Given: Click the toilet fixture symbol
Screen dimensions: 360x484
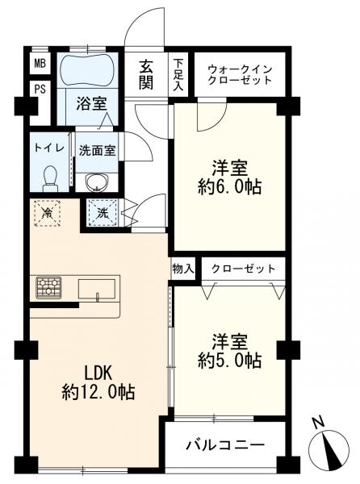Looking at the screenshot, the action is pyautogui.click(x=50, y=179).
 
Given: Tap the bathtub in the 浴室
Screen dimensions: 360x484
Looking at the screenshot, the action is pyautogui.click(x=88, y=70).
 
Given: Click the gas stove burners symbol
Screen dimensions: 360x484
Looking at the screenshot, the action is pyautogui.click(x=48, y=287).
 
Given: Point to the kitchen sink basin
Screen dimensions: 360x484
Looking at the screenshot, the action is pyautogui.click(x=97, y=289).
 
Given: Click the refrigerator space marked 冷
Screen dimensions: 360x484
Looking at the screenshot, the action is pyautogui.click(x=47, y=213).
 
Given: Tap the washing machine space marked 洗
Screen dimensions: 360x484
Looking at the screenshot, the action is pyautogui.click(x=103, y=213).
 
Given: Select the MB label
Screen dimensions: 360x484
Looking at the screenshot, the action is pyautogui.click(x=40, y=64).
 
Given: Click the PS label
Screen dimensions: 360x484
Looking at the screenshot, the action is pyautogui.click(x=40, y=90).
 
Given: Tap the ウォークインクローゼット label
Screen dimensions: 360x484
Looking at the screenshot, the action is pyautogui.click(x=240, y=74).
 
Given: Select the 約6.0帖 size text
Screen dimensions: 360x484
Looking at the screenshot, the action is pyautogui.click(x=230, y=187).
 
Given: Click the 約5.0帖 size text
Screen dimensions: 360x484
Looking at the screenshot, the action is pyautogui.click(x=230, y=361).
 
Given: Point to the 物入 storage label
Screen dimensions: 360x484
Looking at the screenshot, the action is pyautogui.click(x=183, y=269).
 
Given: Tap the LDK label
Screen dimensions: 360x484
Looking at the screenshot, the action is pyautogui.click(x=98, y=373).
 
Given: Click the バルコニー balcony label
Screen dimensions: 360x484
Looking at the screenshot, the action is pyautogui.click(x=225, y=444).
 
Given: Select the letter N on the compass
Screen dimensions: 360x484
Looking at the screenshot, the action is pyautogui.click(x=318, y=423).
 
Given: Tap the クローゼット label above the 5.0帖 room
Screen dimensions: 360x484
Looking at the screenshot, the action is pyautogui.click(x=243, y=269).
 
